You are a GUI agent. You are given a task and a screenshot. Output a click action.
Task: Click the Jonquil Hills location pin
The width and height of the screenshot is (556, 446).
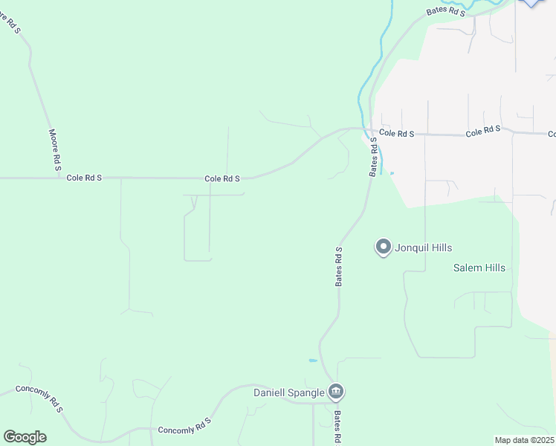(x=383, y=247)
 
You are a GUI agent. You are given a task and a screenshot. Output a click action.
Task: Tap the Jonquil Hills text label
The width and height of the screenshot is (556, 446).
(x=424, y=248)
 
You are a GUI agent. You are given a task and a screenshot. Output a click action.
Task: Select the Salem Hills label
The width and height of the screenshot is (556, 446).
(x=479, y=268)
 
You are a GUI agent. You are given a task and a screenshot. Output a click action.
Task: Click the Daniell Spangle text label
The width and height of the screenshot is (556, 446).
(x=289, y=392)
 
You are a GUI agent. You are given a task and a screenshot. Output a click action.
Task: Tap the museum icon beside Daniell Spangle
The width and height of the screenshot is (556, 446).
(x=336, y=392)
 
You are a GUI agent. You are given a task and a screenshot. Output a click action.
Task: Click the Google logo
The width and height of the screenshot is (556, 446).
(x=25, y=437)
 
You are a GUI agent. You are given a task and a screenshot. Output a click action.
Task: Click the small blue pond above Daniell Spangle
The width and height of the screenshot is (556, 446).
(x=313, y=361)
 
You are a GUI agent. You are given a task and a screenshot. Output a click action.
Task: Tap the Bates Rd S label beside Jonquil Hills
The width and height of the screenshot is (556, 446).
(x=339, y=266)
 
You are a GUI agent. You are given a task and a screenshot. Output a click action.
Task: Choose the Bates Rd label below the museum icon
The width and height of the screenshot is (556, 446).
(x=337, y=427)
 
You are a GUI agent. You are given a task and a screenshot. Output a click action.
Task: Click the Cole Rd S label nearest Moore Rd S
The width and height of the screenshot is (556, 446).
(x=84, y=178)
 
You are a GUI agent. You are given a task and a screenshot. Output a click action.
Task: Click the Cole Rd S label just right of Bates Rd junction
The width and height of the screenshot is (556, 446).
(x=396, y=133)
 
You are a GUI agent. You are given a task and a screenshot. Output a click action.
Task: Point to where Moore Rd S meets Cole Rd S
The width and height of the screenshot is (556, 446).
(x=59, y=178)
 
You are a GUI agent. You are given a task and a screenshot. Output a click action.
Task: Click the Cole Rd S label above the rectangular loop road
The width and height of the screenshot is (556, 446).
(x=222, y=178)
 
